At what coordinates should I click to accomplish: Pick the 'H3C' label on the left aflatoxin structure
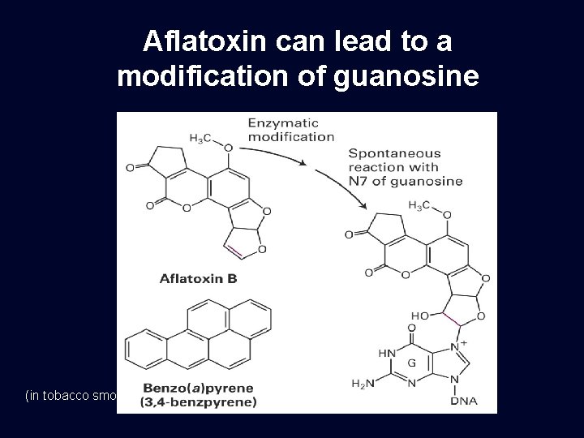(201, 138)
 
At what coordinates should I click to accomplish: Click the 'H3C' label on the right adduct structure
(420, 204)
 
